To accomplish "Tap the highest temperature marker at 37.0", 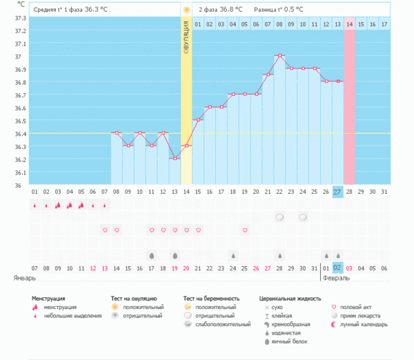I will (x=279, y=55).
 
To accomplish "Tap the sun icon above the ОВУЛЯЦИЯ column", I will (x=186, y=10).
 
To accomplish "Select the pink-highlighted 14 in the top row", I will (x=349, y=25).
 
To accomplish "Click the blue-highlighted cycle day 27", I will (x=337, y=191).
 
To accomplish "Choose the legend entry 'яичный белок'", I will (x=289, y=341).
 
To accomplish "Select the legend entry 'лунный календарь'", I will (x=365, y=324).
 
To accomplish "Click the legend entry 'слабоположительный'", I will (x=221, y=324).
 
